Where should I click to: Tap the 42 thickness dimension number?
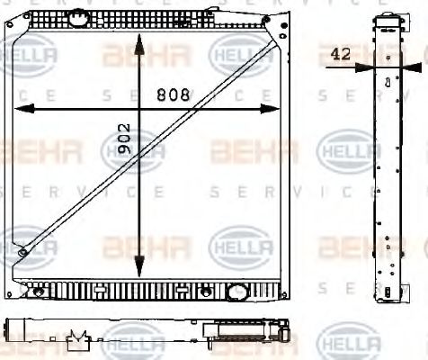[x=341, y=54]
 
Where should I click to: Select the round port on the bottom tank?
[x=237, y=292]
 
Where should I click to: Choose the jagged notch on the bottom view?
[x=78, y=337]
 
